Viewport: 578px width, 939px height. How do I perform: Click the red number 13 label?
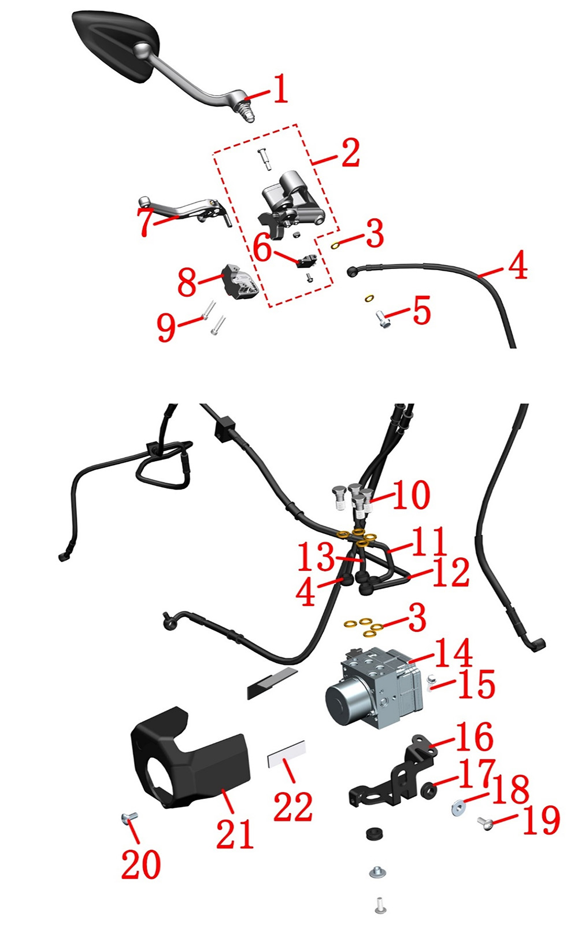[316, 556]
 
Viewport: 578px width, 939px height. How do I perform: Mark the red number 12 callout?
[451, 572]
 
